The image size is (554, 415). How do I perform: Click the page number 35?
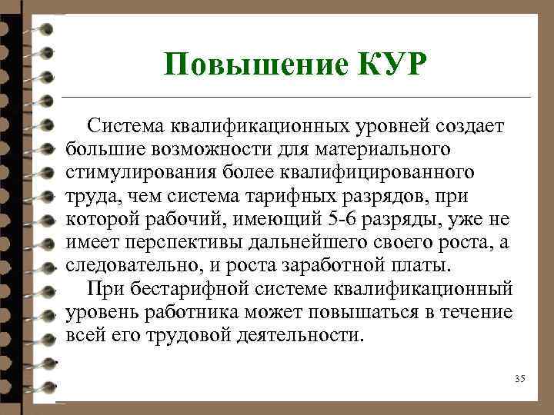519,379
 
